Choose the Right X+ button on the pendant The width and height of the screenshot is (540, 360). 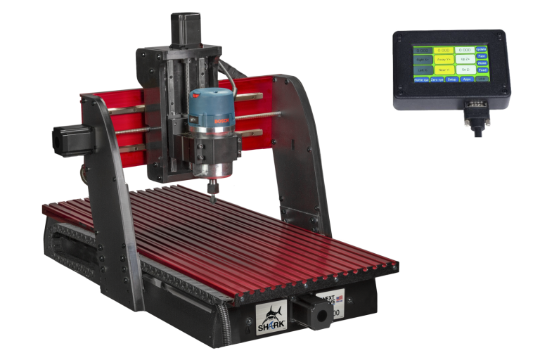click(423, 60)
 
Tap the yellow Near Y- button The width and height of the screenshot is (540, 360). click(444, 70)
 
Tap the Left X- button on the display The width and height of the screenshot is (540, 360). click(423, 70)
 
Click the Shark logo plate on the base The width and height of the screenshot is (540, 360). click(271, 316)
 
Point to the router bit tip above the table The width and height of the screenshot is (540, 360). click(213, 198)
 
